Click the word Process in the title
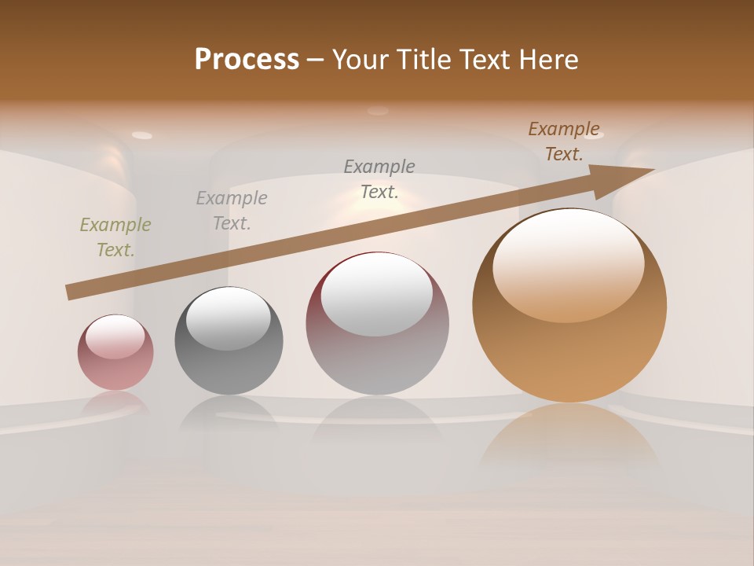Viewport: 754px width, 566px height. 247,60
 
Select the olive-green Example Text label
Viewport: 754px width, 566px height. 115,237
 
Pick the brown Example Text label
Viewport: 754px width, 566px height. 564,141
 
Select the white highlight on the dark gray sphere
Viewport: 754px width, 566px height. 228,318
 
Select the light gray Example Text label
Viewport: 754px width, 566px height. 232,211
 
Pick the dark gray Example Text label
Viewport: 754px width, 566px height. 379,179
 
